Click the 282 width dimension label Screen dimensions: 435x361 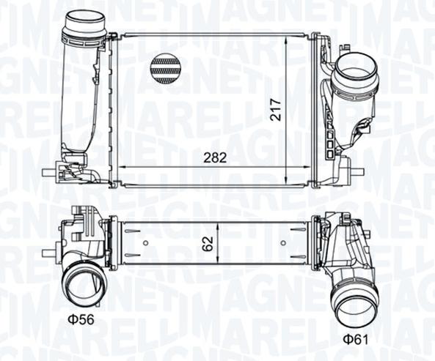pos(215,157)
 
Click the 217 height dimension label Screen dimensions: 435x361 pos(276,109)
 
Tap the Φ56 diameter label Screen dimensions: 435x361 pos(81,320)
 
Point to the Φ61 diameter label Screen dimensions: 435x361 pos(356,340)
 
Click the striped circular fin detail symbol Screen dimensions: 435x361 pos(164,70)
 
